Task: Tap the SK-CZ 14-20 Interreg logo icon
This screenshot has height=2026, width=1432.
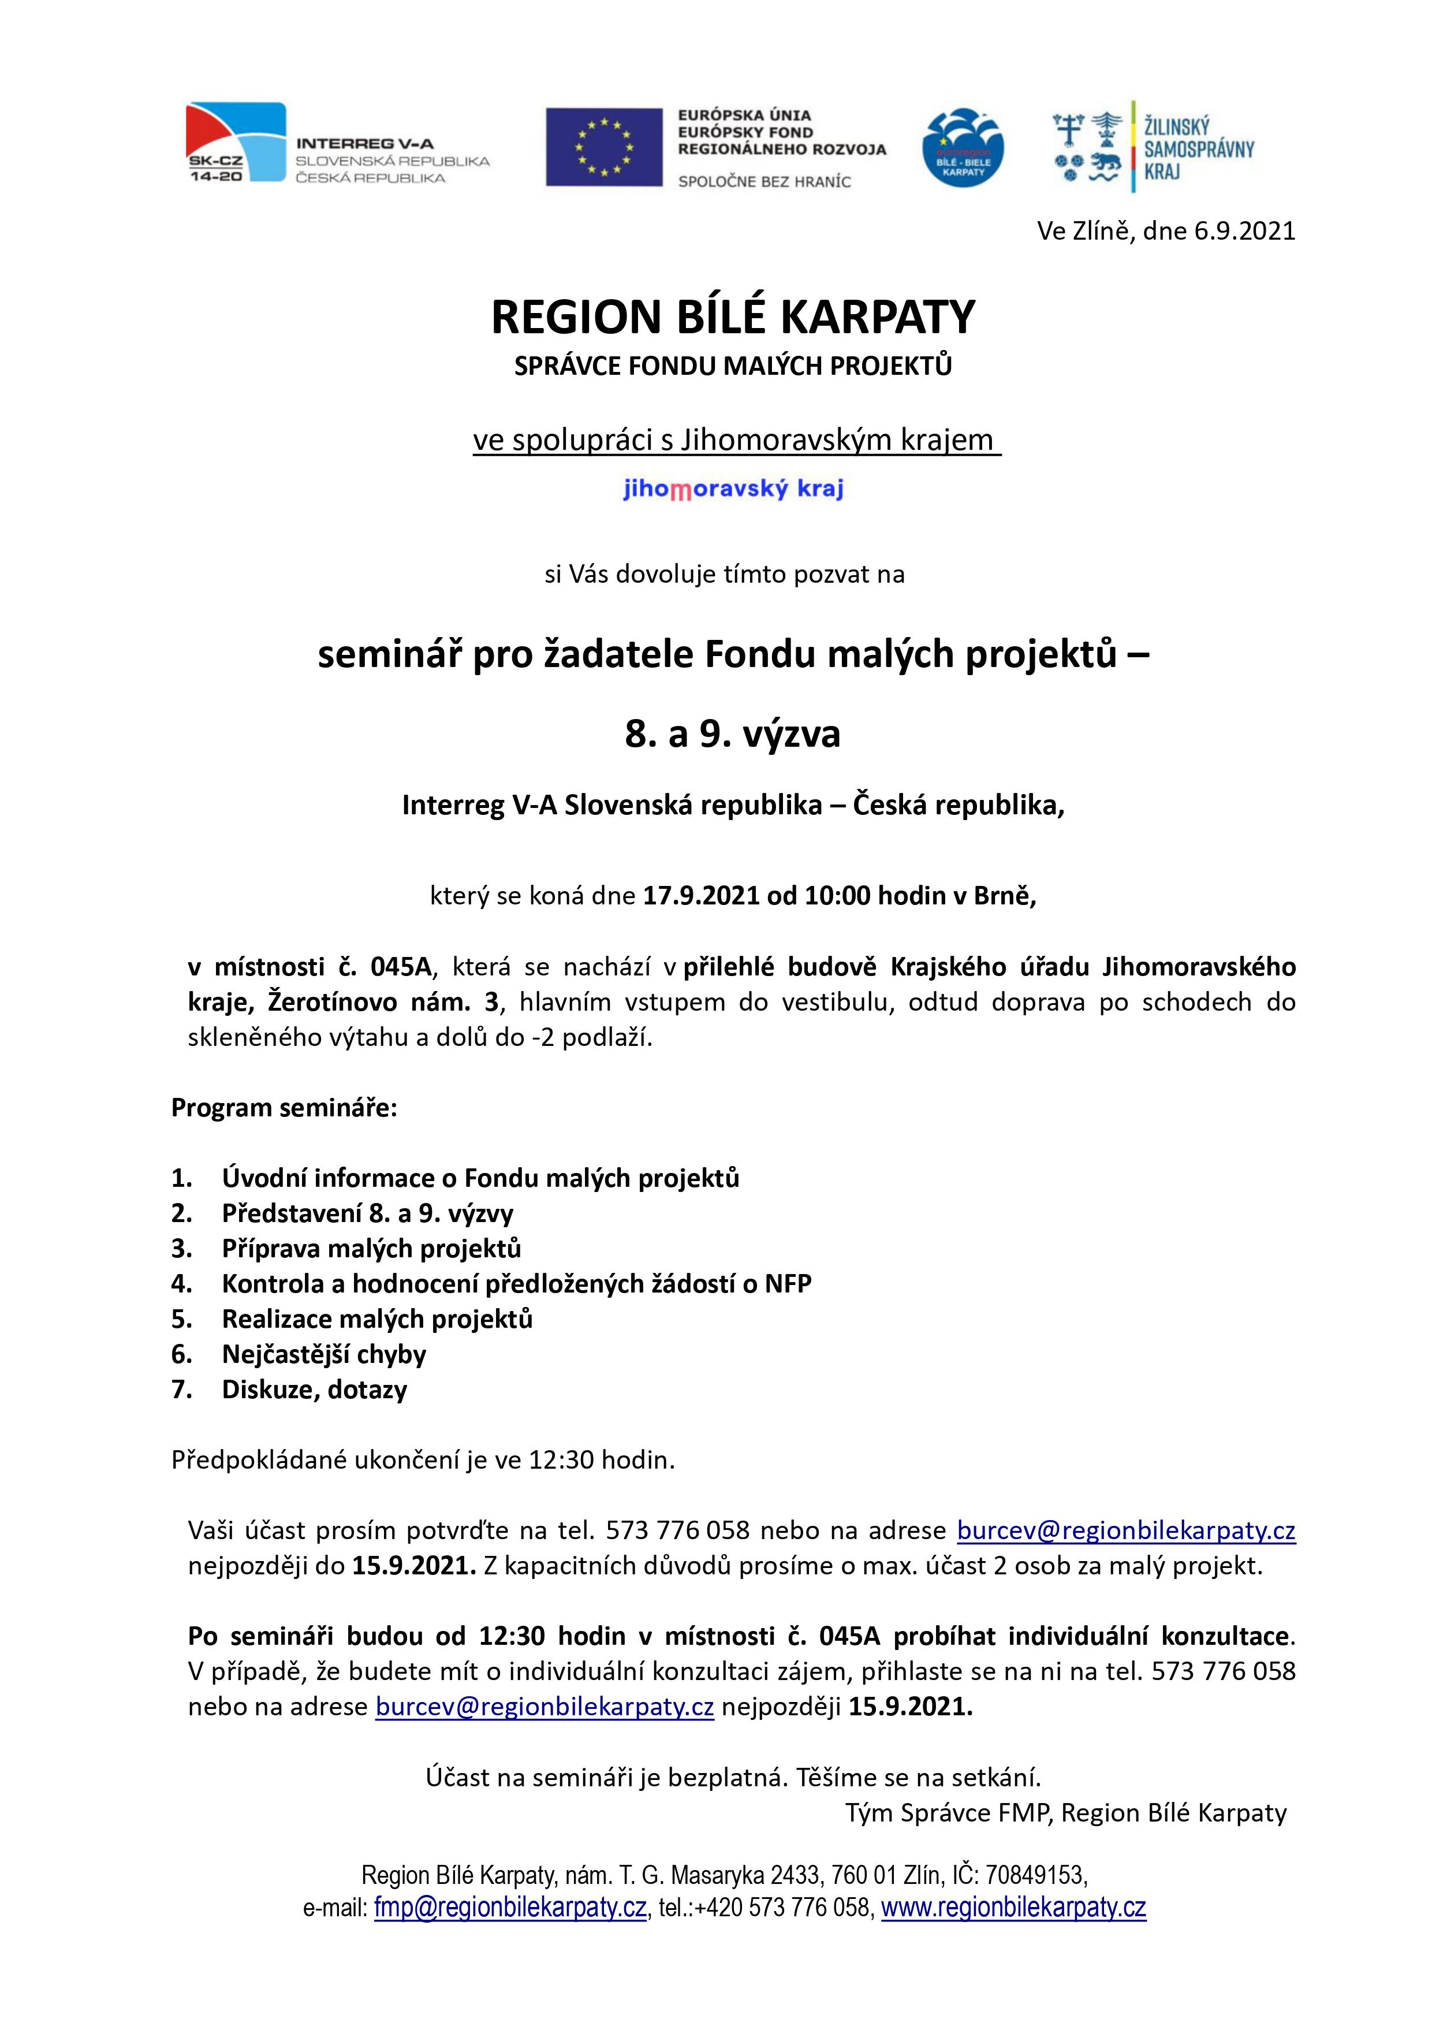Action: (x=236, y=142)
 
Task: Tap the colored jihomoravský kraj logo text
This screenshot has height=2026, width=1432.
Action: (x=732, y=488)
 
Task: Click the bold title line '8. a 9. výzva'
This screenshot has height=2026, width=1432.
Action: (x=732, y=733)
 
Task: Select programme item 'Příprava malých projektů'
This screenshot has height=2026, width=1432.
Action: (x=371, y=1249)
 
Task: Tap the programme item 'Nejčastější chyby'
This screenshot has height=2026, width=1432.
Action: (x=324, y=1354)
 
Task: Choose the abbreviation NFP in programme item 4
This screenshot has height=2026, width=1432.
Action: (x=787, y=1284)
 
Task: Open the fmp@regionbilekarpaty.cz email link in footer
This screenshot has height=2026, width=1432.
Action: (x=510, y=1908)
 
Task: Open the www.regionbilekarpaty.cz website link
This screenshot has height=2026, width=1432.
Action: (x=1013, y=1908)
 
